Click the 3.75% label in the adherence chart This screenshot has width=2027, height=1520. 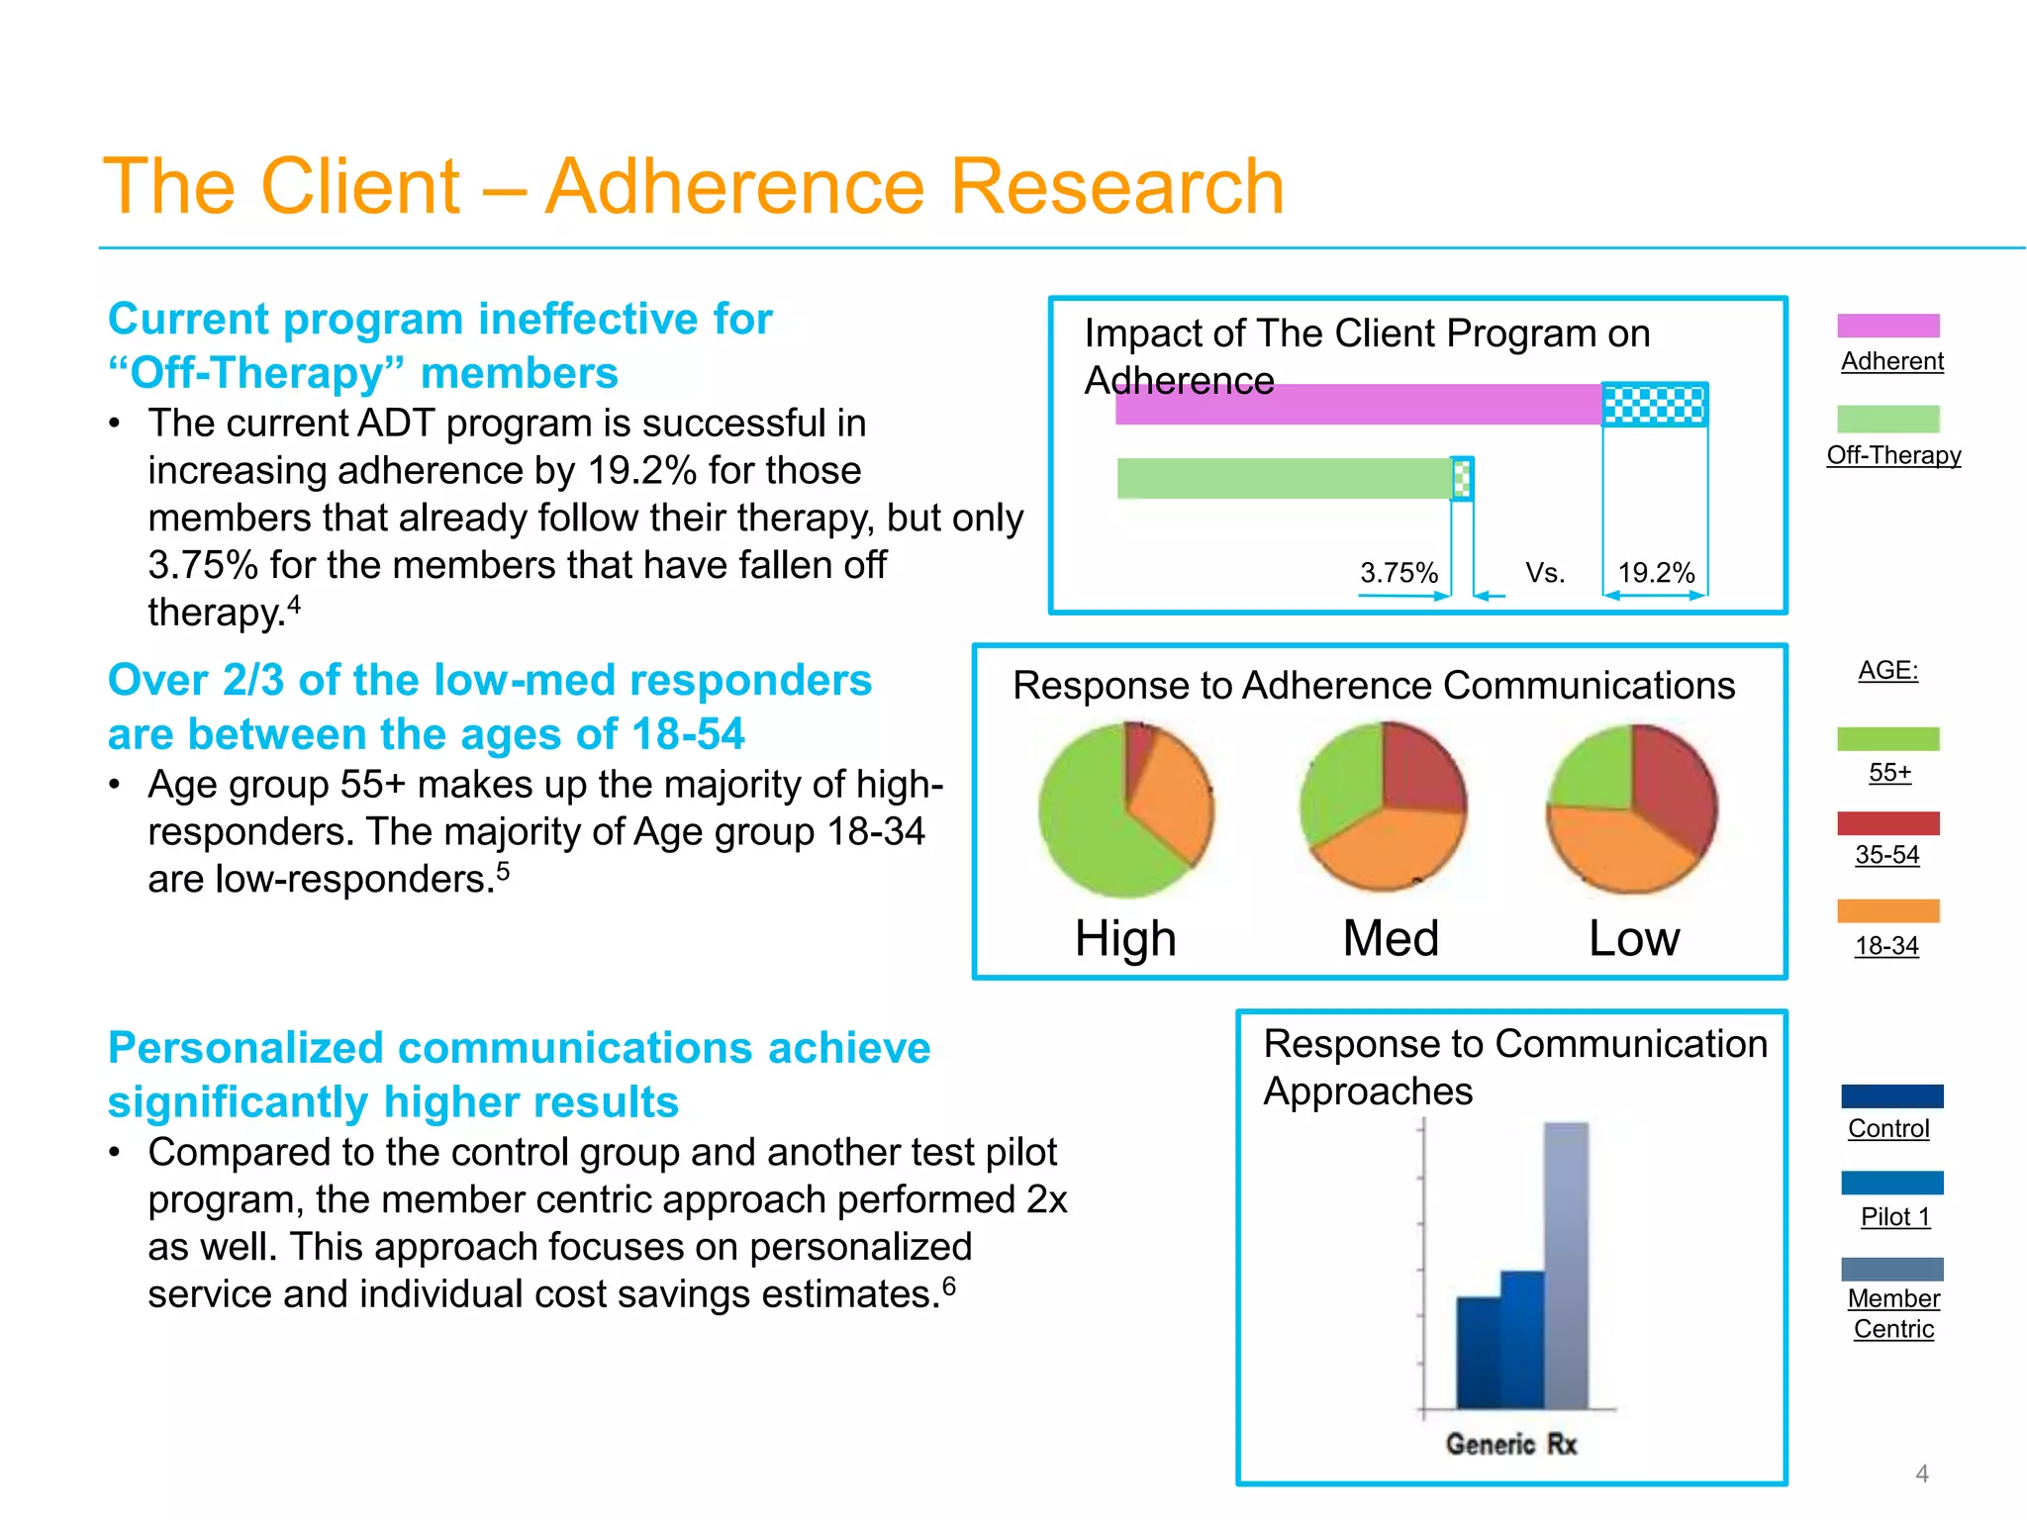1398,573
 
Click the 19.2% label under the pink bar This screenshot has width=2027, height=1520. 1655,573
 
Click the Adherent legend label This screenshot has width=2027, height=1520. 1891,361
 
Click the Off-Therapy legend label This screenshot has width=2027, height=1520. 1893,455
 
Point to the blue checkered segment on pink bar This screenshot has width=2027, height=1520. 1654,405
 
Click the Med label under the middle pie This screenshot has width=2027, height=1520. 1390,938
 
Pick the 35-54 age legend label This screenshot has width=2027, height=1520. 1886,855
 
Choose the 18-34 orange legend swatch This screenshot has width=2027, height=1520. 1887,910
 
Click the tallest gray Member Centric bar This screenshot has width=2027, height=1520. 1566,1267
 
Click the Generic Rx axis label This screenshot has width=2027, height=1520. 1510,1444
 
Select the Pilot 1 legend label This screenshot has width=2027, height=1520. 1894,1217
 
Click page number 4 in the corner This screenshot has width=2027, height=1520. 1921,1473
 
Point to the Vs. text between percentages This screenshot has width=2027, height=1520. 1544,573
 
